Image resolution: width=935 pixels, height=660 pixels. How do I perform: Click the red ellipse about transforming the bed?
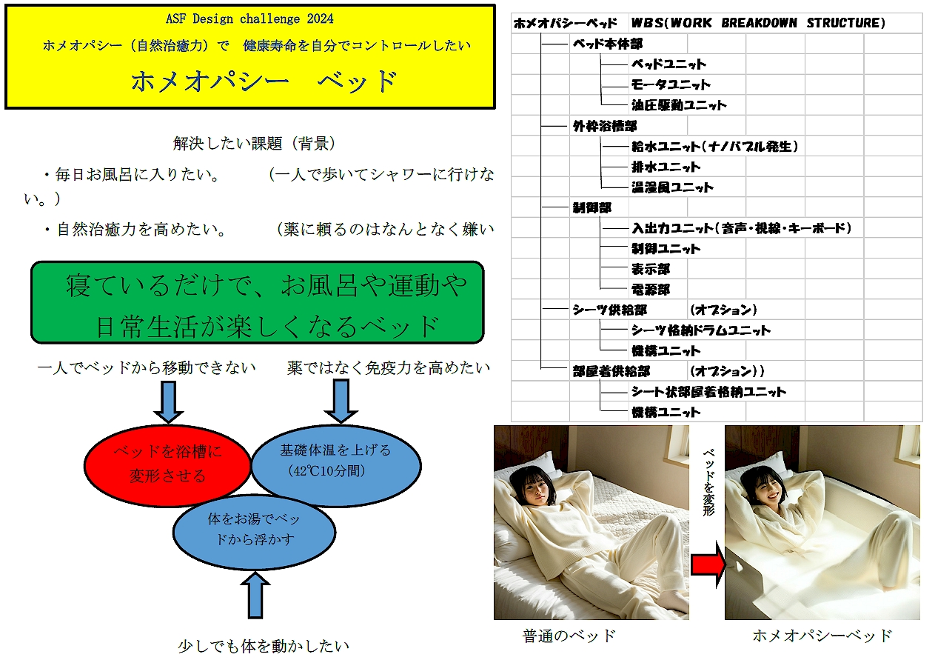[167, 466]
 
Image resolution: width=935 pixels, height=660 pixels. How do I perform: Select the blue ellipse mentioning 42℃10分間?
[336, 465]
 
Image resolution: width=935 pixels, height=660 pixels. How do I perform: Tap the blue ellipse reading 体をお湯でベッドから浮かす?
[254, 532]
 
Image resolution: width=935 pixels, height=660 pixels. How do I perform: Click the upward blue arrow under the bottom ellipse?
[255, 595]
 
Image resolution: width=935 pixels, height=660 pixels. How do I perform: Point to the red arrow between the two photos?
[708, 564]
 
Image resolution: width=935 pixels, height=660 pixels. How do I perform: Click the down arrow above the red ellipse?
[169, 401]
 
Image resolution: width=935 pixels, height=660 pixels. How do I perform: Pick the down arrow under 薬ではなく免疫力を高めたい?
[341, 401]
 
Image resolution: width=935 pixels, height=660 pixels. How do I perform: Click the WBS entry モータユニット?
[671, 84]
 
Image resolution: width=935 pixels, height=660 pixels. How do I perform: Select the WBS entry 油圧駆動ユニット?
[679, 105]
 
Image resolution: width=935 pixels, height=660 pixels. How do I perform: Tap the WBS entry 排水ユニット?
[666, 167]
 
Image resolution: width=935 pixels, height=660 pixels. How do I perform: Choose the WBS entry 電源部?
[650, 290]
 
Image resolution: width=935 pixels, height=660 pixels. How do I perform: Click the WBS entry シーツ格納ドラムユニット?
[701, 330]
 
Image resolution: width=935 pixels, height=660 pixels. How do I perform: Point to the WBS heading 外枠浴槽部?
[604, 126]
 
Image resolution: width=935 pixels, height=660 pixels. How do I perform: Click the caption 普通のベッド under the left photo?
[569, 636]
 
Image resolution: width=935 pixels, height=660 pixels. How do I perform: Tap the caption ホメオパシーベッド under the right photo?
[822, 636]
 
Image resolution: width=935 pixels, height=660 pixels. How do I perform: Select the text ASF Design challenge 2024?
[249, 19]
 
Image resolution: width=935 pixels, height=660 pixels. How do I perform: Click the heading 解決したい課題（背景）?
[254, 143]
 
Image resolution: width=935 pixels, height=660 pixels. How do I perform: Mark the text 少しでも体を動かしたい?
[264, 646]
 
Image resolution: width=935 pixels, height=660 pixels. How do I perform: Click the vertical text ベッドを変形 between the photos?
[708, 482]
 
